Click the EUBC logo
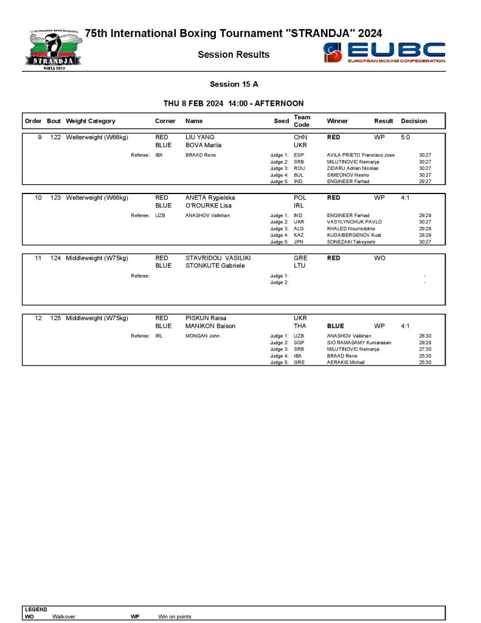(x=384, y=53)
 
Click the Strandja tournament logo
(x=54, y=49)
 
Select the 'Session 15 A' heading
(x=234, y=85)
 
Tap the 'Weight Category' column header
(x=91, y=121)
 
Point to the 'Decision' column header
(x=414, y=121)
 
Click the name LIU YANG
(x=200, y=137)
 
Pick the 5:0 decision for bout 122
(x=406, y=137)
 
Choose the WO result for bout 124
(x=379, y=258)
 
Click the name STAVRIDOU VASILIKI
(x=218, y=258)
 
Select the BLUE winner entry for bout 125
(x=336, y=326)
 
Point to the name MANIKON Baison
(x=210, y=326)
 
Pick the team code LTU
(x=300, y=266)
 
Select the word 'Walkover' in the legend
(x=64, y=616)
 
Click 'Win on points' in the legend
(x=175, y=616)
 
